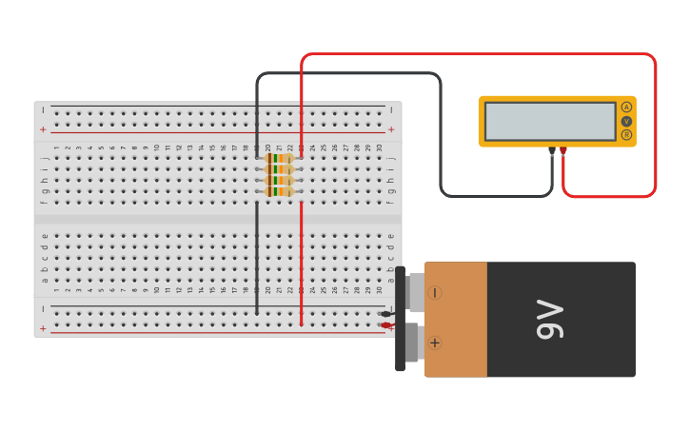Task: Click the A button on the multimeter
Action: (x=626, y=107)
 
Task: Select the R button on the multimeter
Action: (x=626, y=135)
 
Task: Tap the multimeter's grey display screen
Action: (x=550, y=121)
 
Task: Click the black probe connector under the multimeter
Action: (x=552, y=150)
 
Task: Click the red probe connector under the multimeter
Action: (x=563, y=150)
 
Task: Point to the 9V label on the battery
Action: (x=550, y=320)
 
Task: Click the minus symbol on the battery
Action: (x=435, y=293)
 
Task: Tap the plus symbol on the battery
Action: (x=435, y=343)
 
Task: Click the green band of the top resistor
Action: (x=275, y=158)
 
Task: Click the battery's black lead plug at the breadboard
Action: (x=385, y=313)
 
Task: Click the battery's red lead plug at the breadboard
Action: (x=385, y=325)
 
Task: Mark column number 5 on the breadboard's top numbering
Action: (x=101, y=148)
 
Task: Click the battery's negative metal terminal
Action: (x=415, y=292)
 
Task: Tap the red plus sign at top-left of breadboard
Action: (x=42, y=129)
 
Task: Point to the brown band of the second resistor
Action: (x=270, y=169)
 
